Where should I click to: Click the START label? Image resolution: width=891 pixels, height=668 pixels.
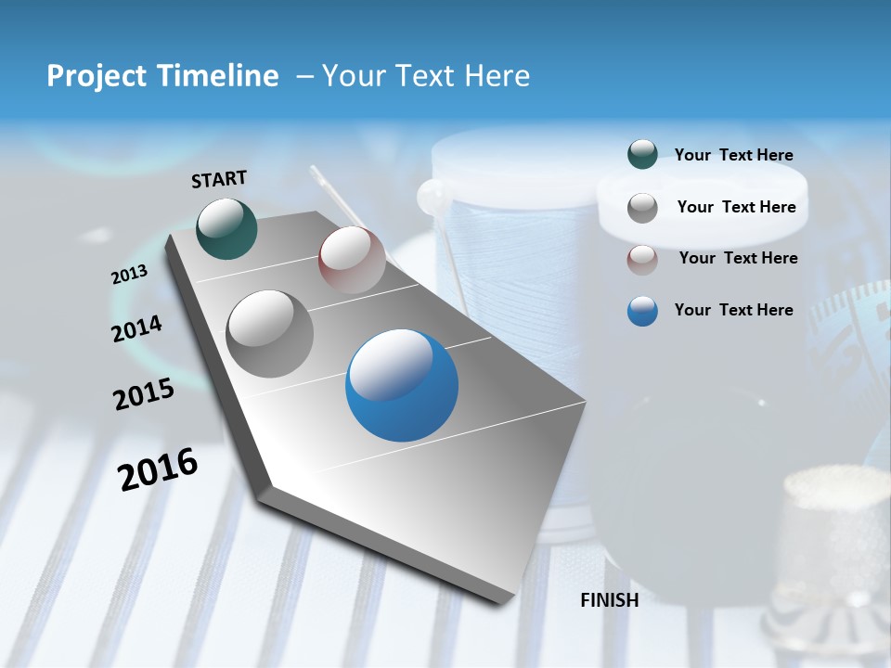point(219,179)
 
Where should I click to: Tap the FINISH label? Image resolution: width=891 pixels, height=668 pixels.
point(609,600)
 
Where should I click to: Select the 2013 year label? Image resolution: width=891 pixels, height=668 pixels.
point(129,275)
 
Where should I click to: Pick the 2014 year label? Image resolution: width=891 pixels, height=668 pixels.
point(136,329)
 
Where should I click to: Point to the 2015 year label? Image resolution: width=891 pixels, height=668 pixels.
point(144,394)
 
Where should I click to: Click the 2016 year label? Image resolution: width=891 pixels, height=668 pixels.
point(158,469)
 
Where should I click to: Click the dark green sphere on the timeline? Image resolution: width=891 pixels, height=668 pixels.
point(226,228)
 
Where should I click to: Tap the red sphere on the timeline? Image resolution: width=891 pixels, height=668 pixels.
point(351,259)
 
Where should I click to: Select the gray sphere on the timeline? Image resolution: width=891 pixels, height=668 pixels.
point(270,334)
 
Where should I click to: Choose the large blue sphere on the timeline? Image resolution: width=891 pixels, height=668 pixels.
point(402,385)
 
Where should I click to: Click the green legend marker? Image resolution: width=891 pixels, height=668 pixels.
point(642,155)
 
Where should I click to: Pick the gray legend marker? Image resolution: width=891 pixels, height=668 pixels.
point(642,207)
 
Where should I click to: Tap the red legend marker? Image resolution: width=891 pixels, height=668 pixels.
point(642,259)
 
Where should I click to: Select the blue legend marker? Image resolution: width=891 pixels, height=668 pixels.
point(642,311)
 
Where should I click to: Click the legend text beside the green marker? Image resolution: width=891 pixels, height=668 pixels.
point(733,155)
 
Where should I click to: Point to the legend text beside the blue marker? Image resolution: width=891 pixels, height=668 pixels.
point(733,310)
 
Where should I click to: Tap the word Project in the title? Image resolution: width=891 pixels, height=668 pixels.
point(93,76)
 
